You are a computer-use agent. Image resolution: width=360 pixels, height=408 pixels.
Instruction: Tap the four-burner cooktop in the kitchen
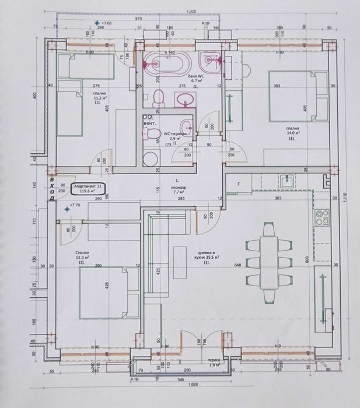(322, 218)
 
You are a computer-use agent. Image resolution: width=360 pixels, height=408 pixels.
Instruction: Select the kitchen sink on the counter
(286, 181)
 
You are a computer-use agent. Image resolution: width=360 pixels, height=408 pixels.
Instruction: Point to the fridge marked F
(239, 185)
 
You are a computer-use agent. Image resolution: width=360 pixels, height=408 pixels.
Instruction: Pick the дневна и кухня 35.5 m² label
(208, 257)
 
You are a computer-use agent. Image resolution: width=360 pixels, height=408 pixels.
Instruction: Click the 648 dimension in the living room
(237, 266)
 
